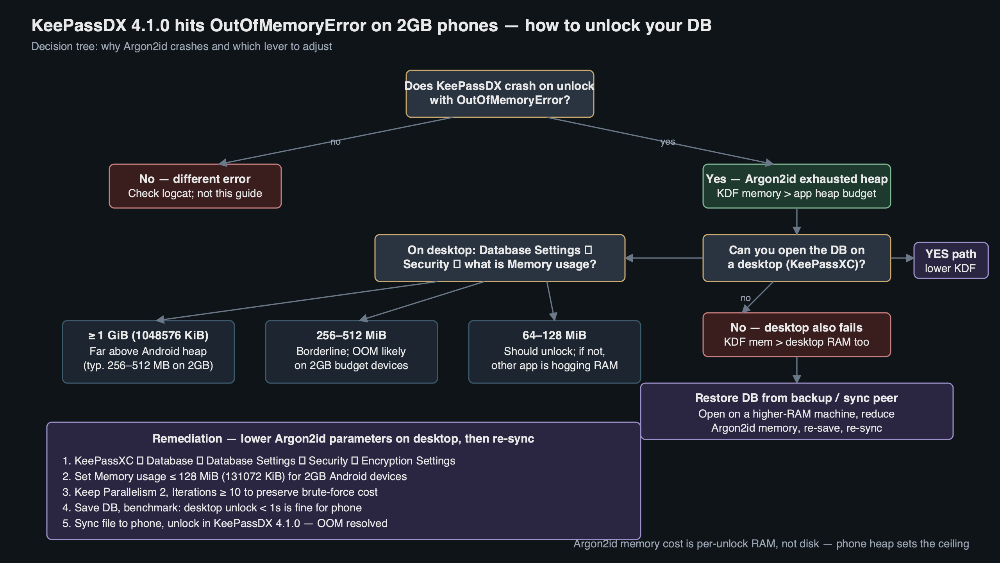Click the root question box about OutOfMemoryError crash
500,93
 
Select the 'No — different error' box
195,186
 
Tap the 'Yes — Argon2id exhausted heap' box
796,186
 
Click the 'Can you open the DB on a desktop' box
796,258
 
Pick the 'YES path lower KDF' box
950,260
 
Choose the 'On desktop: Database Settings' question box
500,258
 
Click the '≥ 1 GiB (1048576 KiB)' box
148,351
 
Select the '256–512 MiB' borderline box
351,351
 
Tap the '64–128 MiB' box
554,351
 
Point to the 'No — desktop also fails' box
796,335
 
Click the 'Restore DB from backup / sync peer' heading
796,398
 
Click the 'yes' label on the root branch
668,142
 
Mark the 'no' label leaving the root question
335,142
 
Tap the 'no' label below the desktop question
745,298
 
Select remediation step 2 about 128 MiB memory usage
234,476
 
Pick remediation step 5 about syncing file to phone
225,523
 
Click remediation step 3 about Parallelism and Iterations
220,492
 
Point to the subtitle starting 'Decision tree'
181,47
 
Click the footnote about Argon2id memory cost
771,544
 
